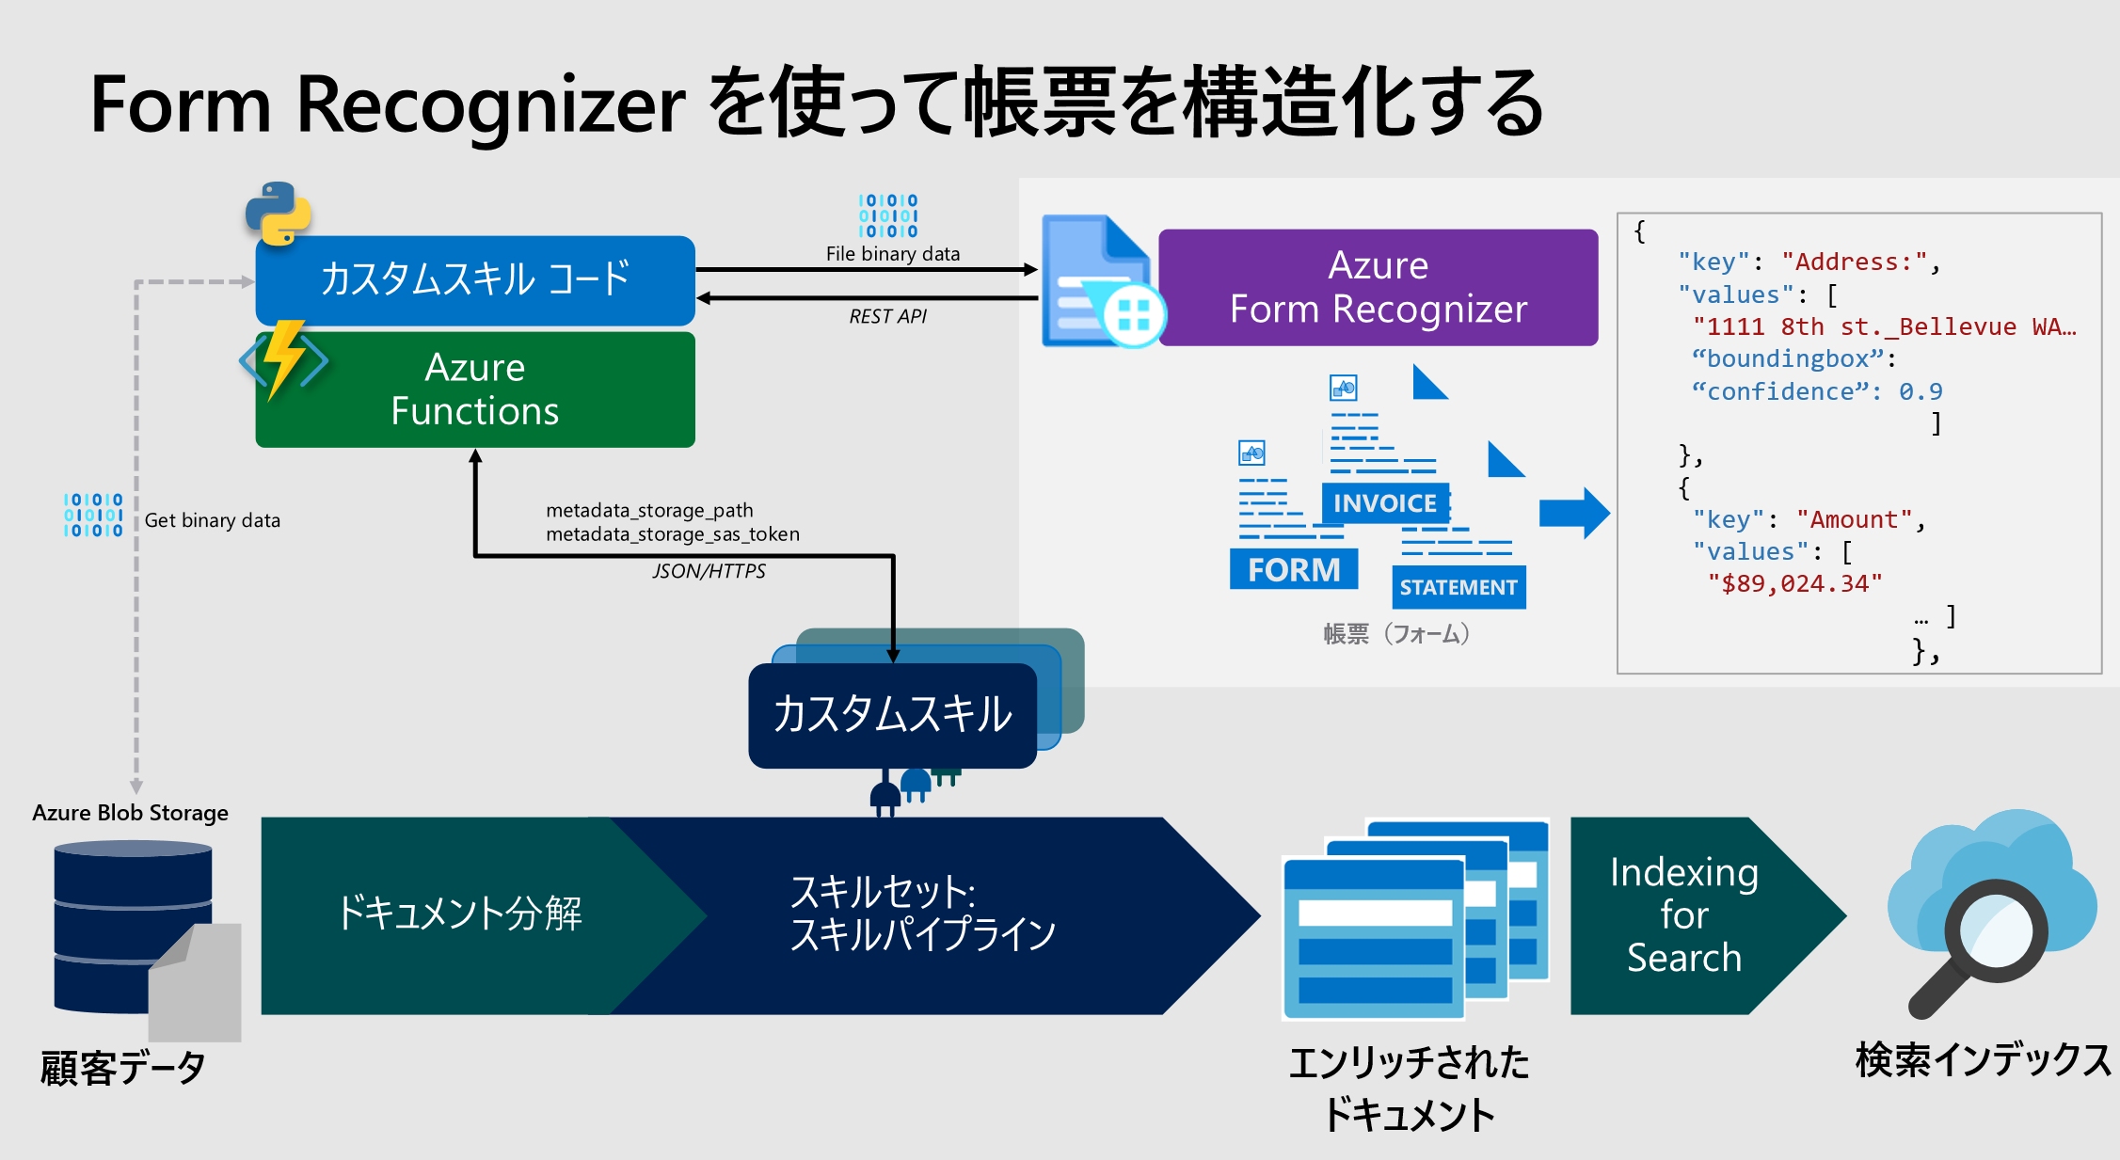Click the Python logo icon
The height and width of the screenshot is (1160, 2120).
pos(278,214)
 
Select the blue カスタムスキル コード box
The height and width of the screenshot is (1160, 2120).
pos(475,279)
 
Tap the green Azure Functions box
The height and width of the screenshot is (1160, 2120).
pos(475,389)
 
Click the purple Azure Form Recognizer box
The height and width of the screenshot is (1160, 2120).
pos(1378,287)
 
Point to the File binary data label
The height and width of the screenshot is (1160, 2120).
pos(892,254)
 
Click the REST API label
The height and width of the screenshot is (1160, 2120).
pos(887,317)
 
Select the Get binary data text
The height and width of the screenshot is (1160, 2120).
pos(212,520)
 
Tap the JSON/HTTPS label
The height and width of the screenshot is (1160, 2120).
pos(709,571)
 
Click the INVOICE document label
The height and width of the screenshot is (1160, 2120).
pos(1384,503)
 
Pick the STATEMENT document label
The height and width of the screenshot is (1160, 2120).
pos(1458,587)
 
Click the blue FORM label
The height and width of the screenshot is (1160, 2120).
pos(1294,569)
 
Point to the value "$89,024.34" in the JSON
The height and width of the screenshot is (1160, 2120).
pos(1794,584)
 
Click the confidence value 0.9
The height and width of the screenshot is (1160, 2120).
pos(1920,391)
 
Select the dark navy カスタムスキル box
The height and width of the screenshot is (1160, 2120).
pos(892,714)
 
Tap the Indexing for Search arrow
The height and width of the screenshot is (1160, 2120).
pos(1684,914)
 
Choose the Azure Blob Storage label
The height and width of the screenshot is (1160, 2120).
pos(130,812)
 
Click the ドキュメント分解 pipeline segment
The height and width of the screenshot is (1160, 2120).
pos(459,914)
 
